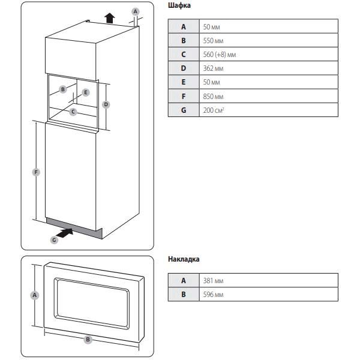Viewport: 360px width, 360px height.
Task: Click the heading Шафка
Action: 179,6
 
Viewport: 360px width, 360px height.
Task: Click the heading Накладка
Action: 184,259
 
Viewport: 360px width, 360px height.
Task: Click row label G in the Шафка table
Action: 184,110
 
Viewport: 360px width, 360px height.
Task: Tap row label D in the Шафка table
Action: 184,68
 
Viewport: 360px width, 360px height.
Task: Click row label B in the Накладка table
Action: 184,294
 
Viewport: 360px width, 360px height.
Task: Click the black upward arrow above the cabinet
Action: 109,16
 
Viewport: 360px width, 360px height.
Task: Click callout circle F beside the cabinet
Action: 36,172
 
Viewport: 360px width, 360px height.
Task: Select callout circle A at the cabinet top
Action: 135,11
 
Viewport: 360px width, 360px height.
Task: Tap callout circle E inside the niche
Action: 86,92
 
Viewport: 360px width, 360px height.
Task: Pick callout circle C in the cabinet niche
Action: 73,112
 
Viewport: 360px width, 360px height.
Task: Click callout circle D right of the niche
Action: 106,104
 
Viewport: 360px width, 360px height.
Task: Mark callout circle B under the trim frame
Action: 88,340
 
